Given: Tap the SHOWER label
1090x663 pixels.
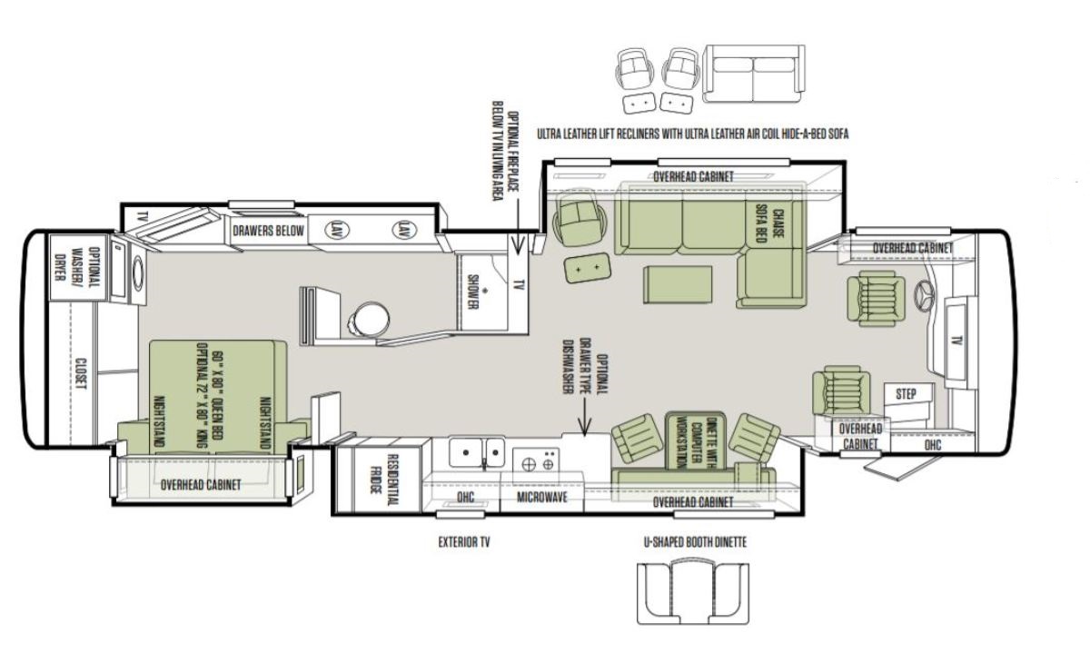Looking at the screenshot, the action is pos(473,292).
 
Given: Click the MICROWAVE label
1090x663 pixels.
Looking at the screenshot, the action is pos(542,497).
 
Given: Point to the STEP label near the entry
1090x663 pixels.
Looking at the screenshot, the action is pos(906,394).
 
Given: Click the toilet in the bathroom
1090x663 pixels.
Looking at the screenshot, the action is pos(369,319).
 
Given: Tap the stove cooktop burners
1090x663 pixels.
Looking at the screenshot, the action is pos(538,463).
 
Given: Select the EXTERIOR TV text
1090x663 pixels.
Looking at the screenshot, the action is pos(464,542).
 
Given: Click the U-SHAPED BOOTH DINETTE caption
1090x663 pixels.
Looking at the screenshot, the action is pos(695,542).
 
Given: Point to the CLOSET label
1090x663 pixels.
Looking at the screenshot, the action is pos(81,373).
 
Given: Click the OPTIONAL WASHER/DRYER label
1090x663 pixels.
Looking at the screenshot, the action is pos(80,266).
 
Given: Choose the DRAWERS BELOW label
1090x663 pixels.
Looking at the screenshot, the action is pos(268,231).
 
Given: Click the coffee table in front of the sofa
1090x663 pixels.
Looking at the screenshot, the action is pos(678,284).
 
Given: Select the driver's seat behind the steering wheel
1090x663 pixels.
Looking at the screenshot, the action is pos(876,299).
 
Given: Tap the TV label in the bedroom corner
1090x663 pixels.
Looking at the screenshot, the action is pos(142,217).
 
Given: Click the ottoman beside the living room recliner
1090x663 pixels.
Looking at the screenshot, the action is pos(588,268).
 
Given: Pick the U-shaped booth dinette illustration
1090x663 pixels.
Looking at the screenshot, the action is pos(693,593).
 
